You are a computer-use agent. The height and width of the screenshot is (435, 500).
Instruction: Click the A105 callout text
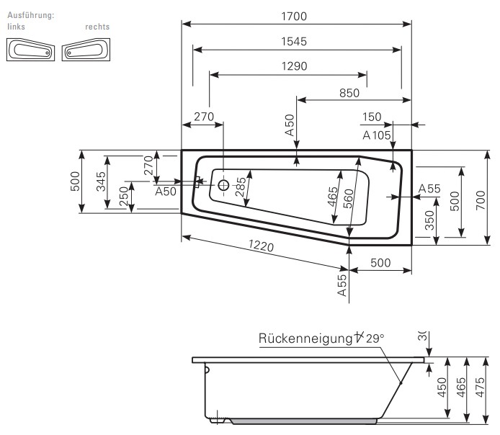pos(376,135)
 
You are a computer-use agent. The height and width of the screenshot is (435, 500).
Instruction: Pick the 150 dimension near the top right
pos(372,117)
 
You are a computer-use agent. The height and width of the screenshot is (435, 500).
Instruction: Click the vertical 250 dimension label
pos(124,196)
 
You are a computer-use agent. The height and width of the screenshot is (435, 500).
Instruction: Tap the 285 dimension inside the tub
pos(241,187)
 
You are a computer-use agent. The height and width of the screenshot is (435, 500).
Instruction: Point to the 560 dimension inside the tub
pos(349,198)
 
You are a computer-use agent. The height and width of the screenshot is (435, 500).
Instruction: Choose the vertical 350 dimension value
pos(429,221)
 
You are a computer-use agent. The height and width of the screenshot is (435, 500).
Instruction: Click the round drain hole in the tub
pos(223,185)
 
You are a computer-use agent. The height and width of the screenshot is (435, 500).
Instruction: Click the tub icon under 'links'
pos(30,50)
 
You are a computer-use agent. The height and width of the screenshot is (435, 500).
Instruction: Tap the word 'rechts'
pos(97,27)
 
